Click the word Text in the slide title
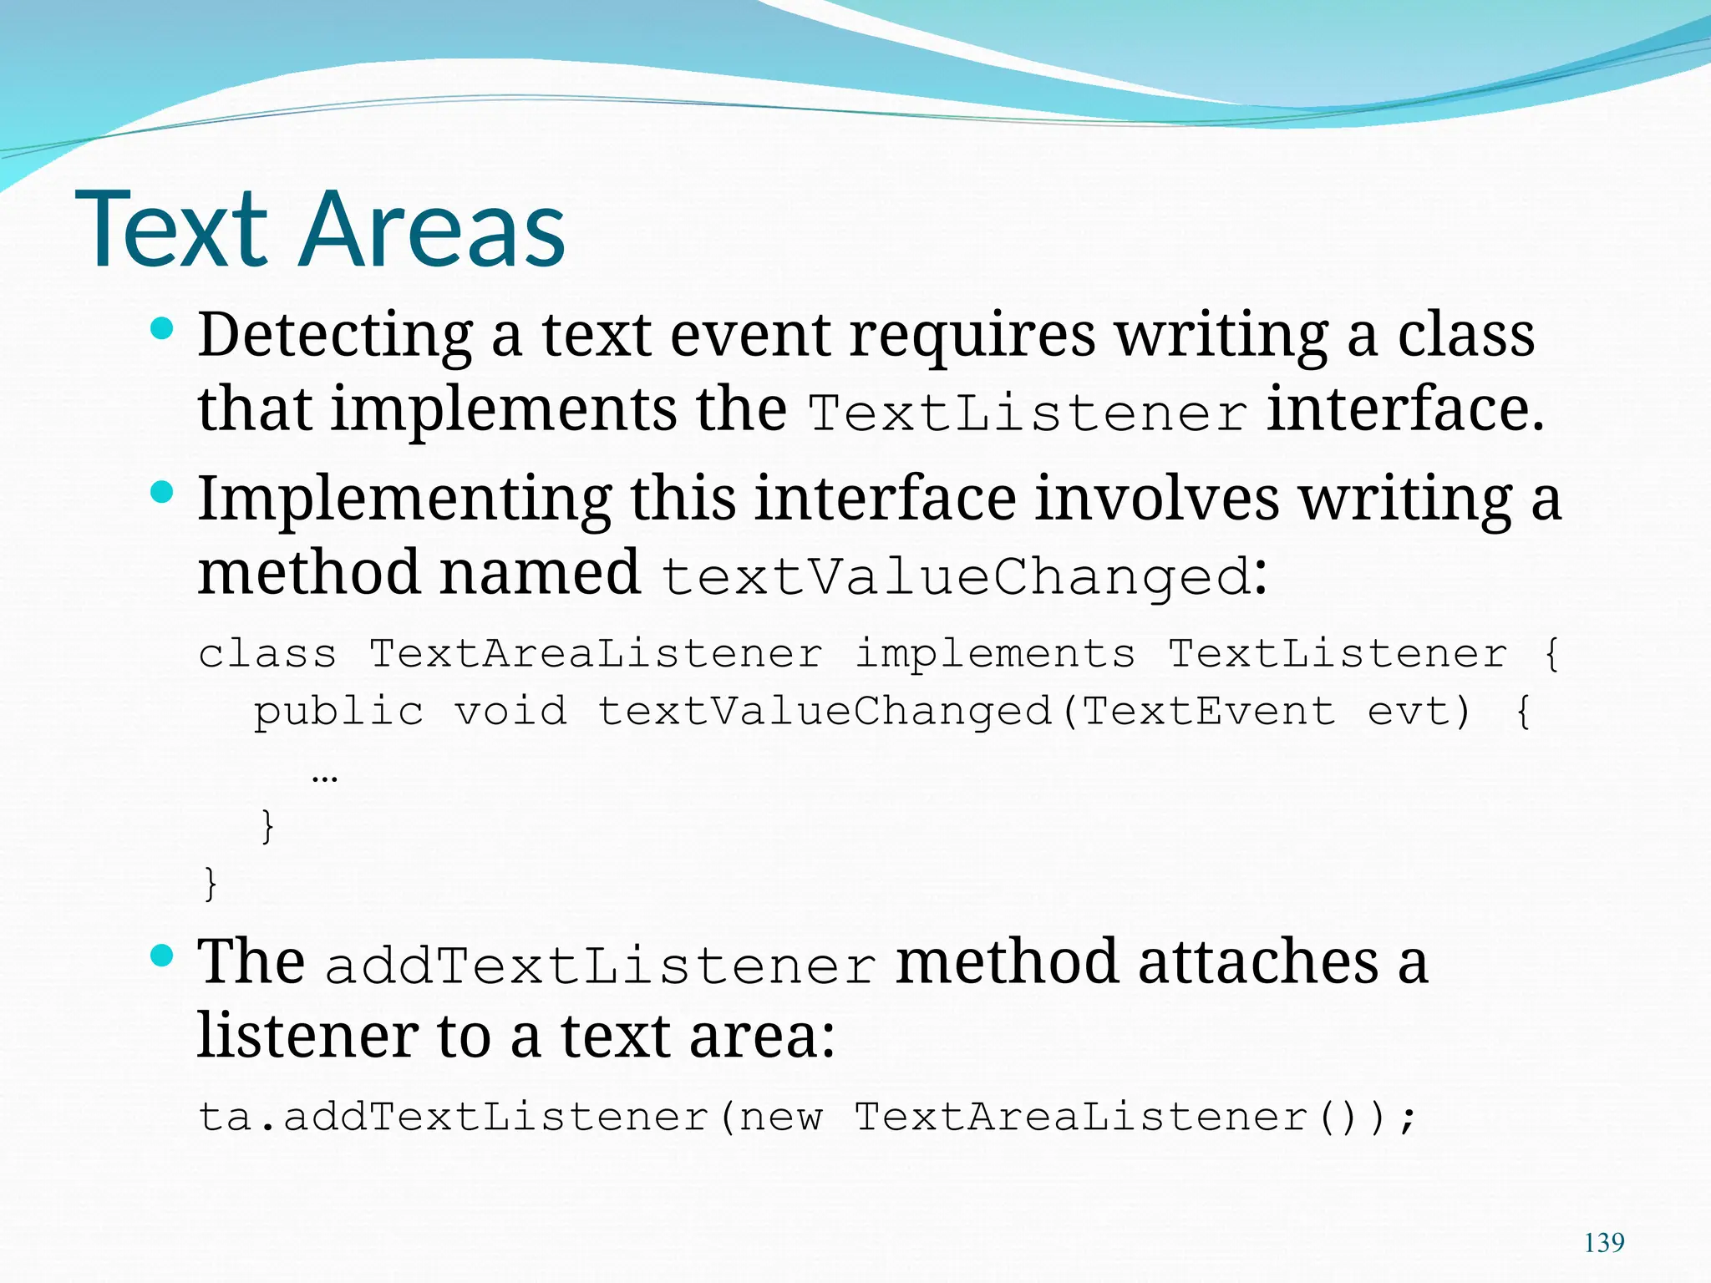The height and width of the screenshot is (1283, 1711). (x=171, y=230)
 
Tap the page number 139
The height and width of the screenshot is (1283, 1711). (x=1604, y=1243)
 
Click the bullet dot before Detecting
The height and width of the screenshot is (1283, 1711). (x=161, y=329)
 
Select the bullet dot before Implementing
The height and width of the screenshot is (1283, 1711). (x=161, y=493)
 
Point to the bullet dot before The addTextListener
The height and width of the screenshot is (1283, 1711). (x=161, y=956)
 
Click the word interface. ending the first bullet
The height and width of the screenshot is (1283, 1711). (x=1405, y=409)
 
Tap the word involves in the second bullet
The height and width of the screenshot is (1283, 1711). (x=1156, y=499)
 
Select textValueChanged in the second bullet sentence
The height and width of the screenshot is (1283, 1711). (x=956, y=577)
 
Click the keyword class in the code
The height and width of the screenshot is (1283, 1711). (x=267, y=653)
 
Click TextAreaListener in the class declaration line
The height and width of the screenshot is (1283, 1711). (x=596, y=653)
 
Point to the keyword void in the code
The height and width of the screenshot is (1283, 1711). (x=510, y=712)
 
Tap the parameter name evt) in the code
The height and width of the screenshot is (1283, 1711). (x=1419, y=712)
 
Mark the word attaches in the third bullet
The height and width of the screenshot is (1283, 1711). (x=1258, y=962)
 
